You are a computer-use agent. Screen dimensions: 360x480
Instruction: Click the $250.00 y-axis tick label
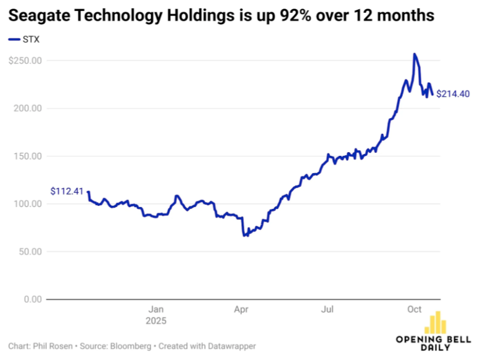[25, 60]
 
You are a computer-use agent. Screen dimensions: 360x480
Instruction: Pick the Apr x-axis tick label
[242, 309]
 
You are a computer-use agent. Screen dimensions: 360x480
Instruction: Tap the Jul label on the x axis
[328, 309]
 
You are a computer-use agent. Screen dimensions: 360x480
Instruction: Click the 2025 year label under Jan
[157, 321]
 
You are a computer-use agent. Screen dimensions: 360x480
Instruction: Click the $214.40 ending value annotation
[453, 94]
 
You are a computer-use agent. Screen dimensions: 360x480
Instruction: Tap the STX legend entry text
[30, 39]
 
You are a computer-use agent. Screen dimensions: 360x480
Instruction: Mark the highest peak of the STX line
[415, 54]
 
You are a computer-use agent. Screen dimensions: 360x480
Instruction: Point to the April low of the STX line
[245, 235]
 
